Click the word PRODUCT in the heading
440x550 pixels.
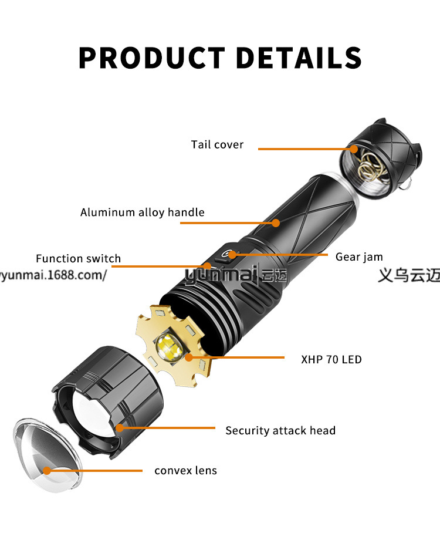pyautogui.click(x=151, y=58)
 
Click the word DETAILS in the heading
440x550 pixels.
pyautogui.click(x=298, y=58)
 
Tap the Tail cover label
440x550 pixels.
pyautogui.click(x=217, y=144)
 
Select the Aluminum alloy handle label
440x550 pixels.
pyautogui.click(x=143, y=212)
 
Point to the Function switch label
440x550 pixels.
pyautogui.click(x=78, y=258)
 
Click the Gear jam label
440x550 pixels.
pyautogui.click(x=359, y=257)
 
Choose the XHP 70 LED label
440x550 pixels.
pyautogui.click(x=331, y=359)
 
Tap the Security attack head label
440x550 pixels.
pyautogui.click(x=280, y=430)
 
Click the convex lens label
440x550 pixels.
pyautogui.click(x=185, y=470)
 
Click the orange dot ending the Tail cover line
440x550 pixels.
pyautogui.click(x=354, y=149)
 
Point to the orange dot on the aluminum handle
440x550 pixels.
pyautogui.click(x=276, y=222)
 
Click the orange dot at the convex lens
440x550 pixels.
pyautogui.click(x=47, y=470)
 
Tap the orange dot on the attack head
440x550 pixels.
pyautogui.click(x=120, y=428)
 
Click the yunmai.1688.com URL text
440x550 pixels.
pyautogui.click(x=53, y=275)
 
